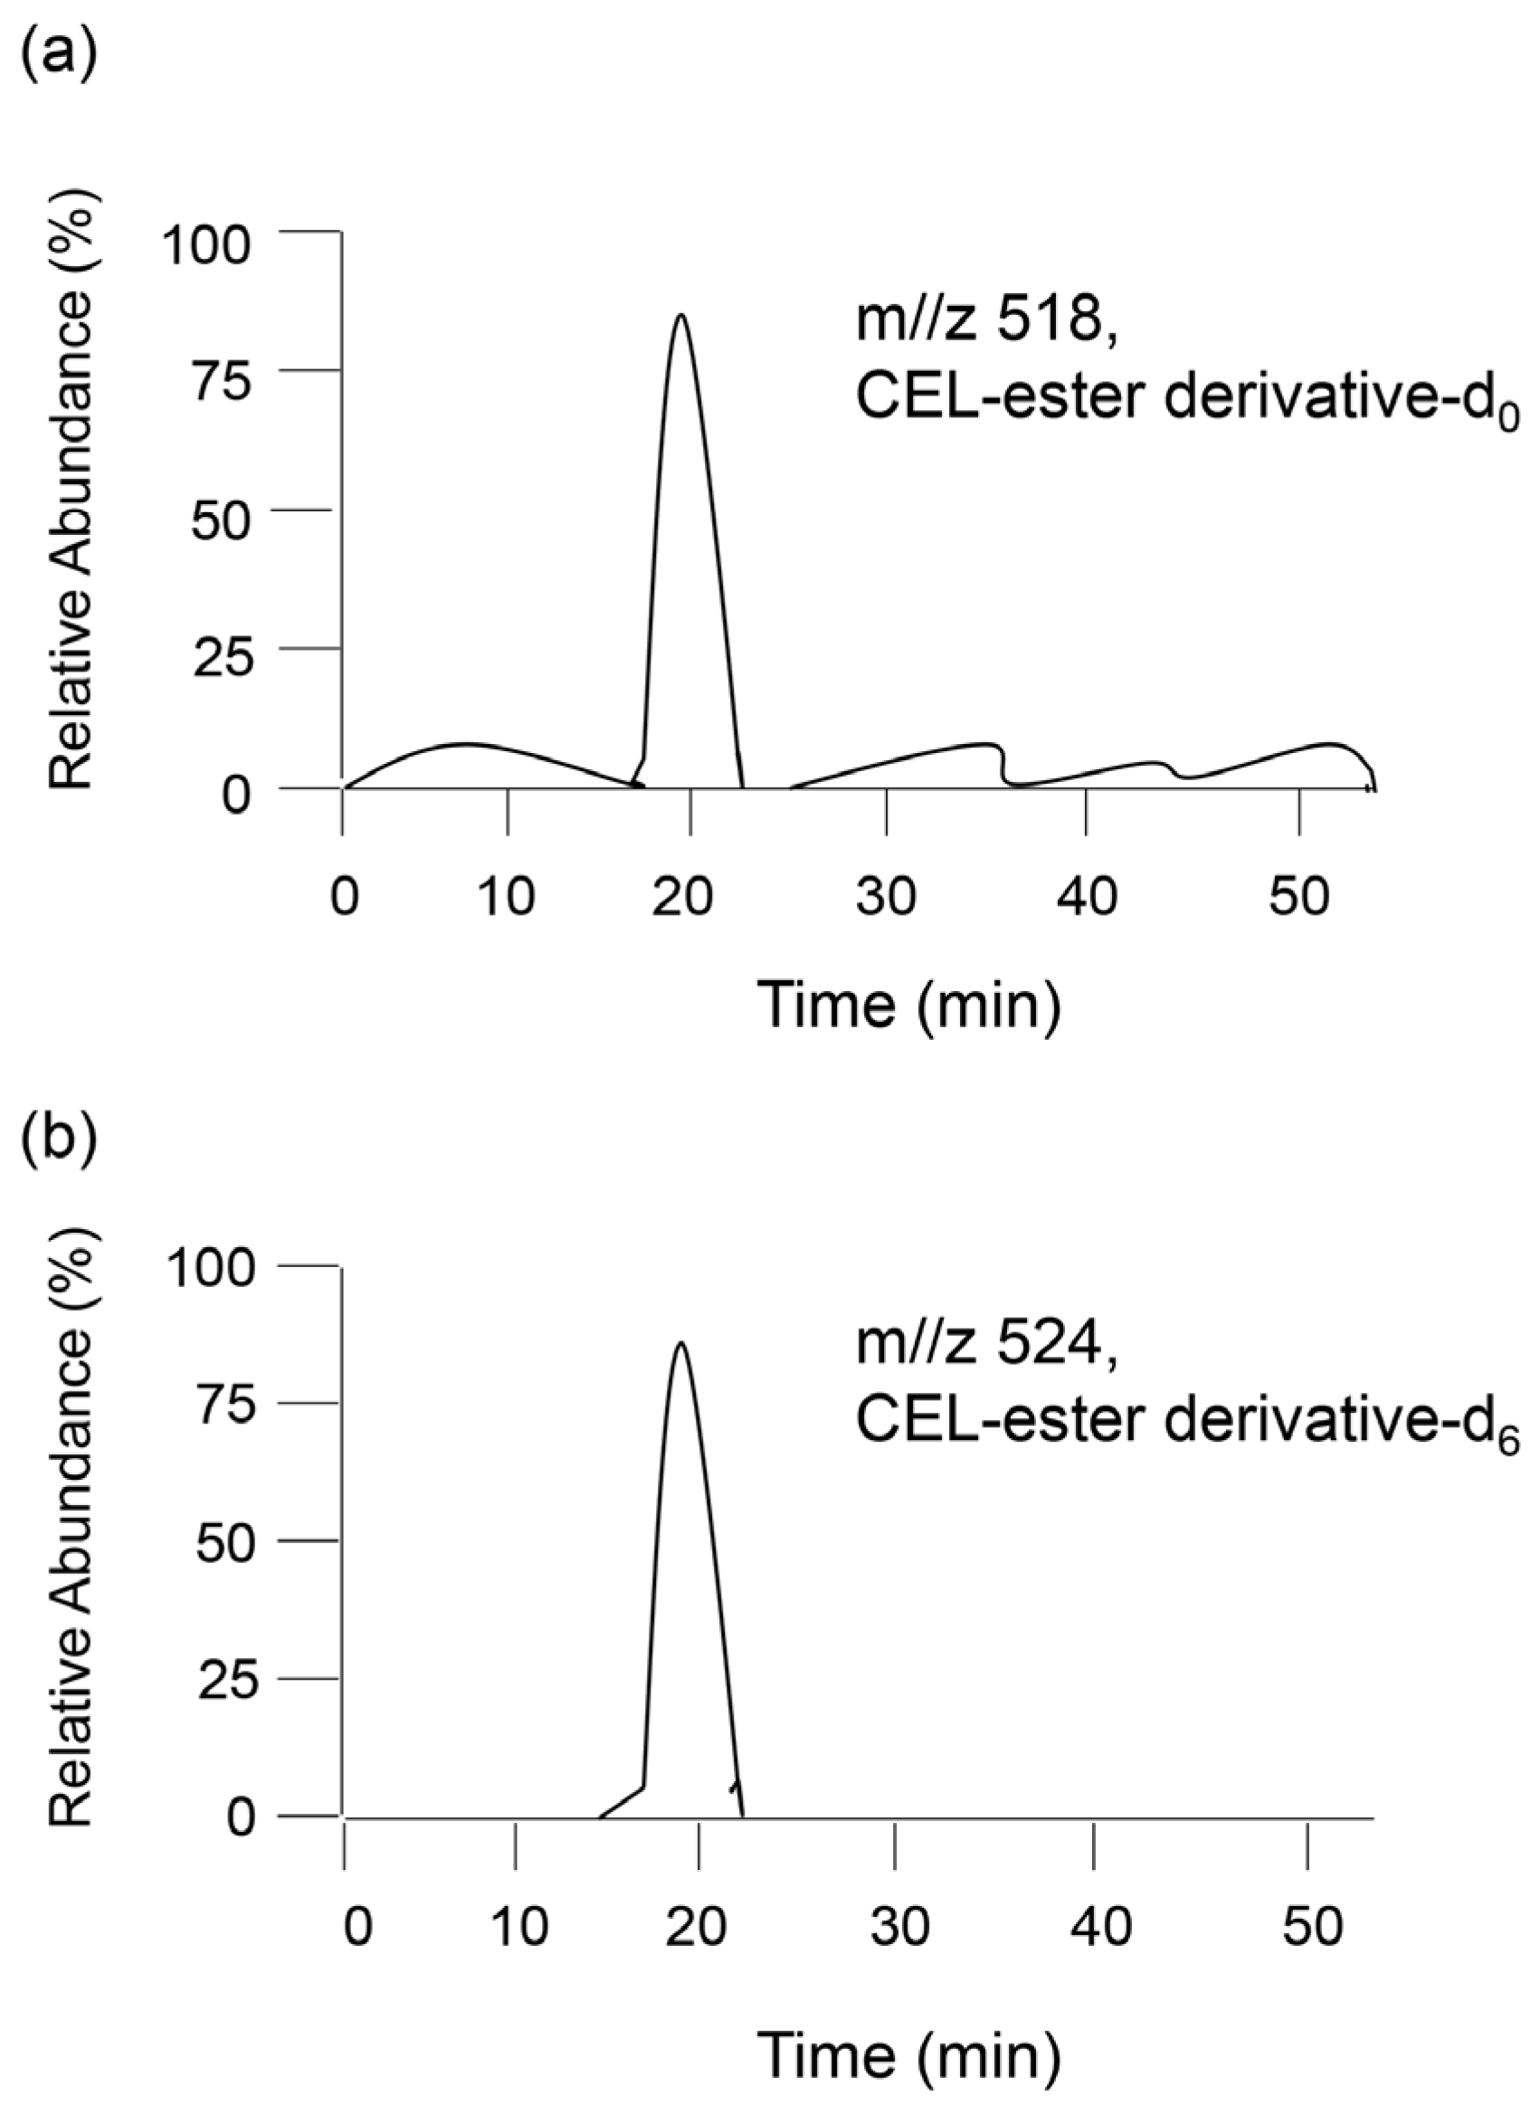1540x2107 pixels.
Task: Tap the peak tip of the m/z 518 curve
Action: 682,315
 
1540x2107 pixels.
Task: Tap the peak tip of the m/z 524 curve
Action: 681,1343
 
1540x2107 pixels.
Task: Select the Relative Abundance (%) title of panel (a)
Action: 72,499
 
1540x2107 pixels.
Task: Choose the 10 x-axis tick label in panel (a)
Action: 507,898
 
